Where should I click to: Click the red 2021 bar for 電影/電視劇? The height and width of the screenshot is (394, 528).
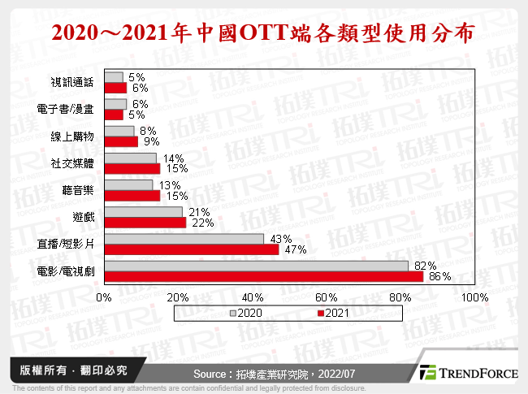pos(264,276)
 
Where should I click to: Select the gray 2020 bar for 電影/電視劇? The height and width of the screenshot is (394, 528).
pos(257,266)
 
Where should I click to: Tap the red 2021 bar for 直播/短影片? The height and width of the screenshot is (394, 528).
pos(192,249)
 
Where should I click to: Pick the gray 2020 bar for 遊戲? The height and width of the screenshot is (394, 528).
pos(143,212)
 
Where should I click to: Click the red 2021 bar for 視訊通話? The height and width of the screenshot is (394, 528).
pos(115,87)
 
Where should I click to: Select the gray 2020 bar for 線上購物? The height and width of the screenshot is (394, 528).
pos(119,131)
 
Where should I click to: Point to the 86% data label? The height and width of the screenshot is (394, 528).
pos(440,277)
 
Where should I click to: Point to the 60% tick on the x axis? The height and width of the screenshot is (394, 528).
pos(327,297)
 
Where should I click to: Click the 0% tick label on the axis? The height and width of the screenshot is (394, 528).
pos(104,297)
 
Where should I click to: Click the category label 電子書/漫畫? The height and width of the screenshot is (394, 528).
pos(67,110)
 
